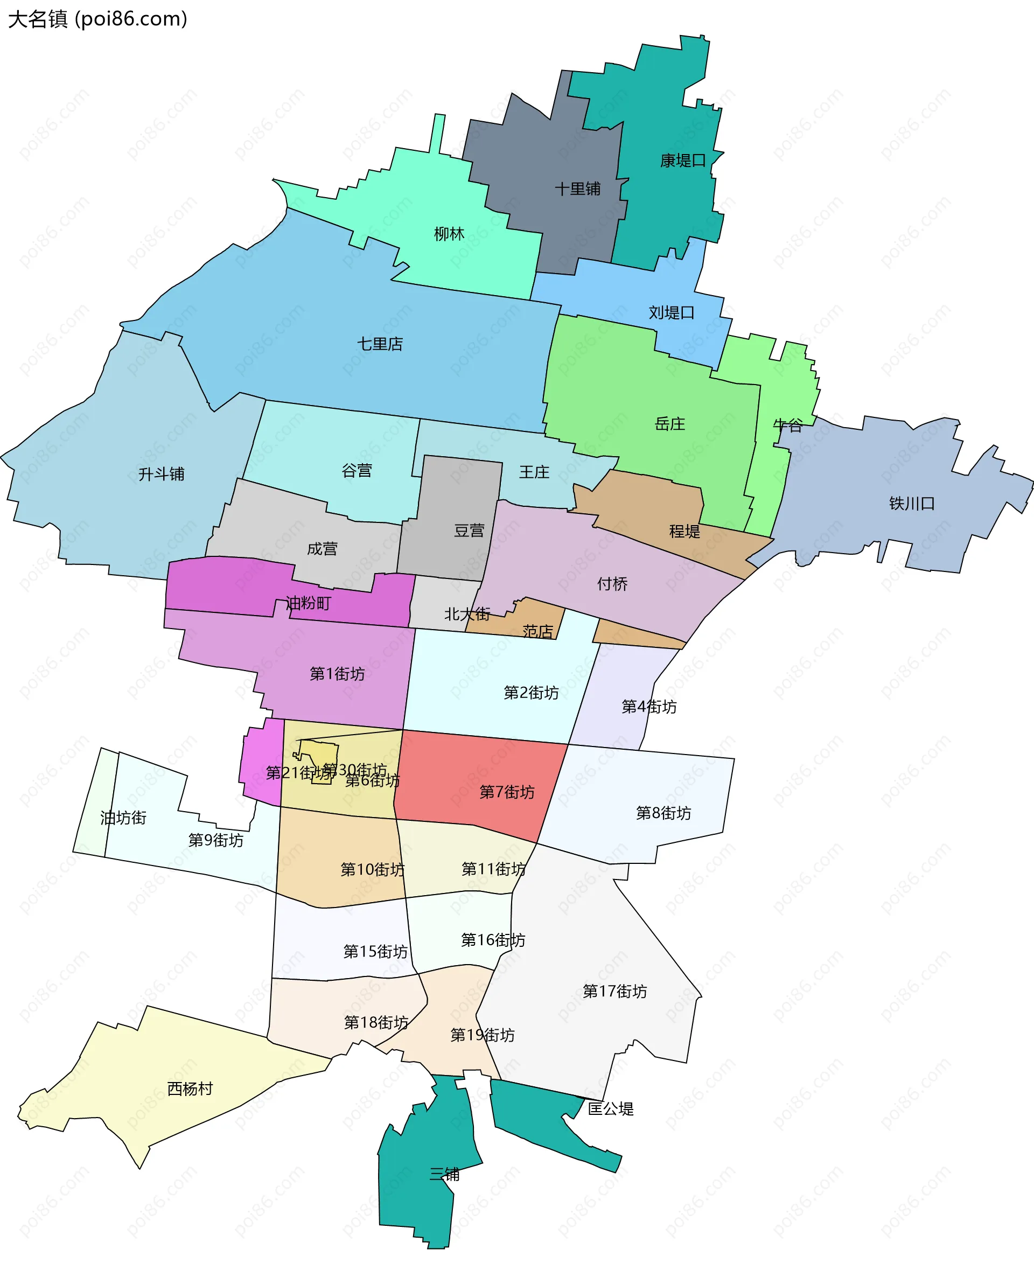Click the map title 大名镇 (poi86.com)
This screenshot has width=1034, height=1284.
[x=97, y=19]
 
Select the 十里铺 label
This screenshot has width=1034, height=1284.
[x=577, y=189]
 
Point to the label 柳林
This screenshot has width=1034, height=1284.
[x=449, y=233]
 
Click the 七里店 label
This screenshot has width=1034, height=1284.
[x=380, y=344]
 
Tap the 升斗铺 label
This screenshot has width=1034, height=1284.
[x=161, y=474]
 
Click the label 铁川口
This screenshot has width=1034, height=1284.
[x=911, y=503]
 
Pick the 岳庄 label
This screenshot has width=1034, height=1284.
[x=669, y=423]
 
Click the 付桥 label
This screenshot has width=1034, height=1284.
[x=612, y=584]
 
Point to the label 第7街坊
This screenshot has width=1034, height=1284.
[x=507, y=792]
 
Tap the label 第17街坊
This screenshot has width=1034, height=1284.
[x=614, y=991]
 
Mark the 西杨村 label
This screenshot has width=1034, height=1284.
[x=190, y=1088]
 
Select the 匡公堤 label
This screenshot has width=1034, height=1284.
[x=611, y=1108]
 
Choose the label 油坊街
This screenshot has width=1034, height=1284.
[x=123, y=818]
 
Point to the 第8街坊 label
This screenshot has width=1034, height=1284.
[x=663, y=813]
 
